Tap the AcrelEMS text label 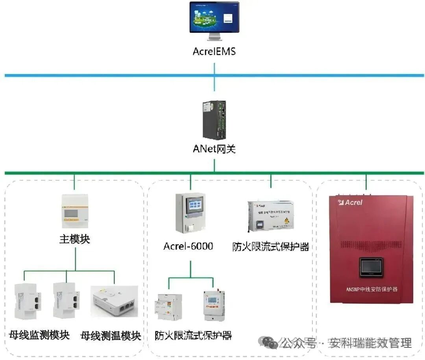[214, 51]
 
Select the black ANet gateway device [214, 120]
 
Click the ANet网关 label [214, 149]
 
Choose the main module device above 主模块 [75, 211]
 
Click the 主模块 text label [75, 239]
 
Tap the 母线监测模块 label [39, 335]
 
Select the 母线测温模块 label [111, 336]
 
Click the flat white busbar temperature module [114, 301]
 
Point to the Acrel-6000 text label [188, 247]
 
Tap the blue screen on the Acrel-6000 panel [190, 207]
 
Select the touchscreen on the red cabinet [371, 268]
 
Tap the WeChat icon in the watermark [270, 343]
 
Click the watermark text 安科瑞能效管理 [370, 343]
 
